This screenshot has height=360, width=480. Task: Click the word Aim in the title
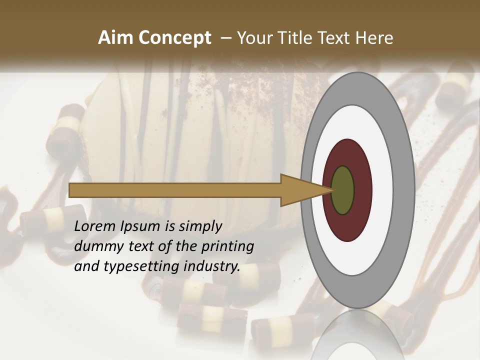(x=114, y=38)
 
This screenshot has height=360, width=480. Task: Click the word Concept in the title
(x=173, y=38)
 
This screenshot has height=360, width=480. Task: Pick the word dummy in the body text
(x=95, y=246)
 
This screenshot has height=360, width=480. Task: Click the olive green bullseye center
(x=343, y=190)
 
